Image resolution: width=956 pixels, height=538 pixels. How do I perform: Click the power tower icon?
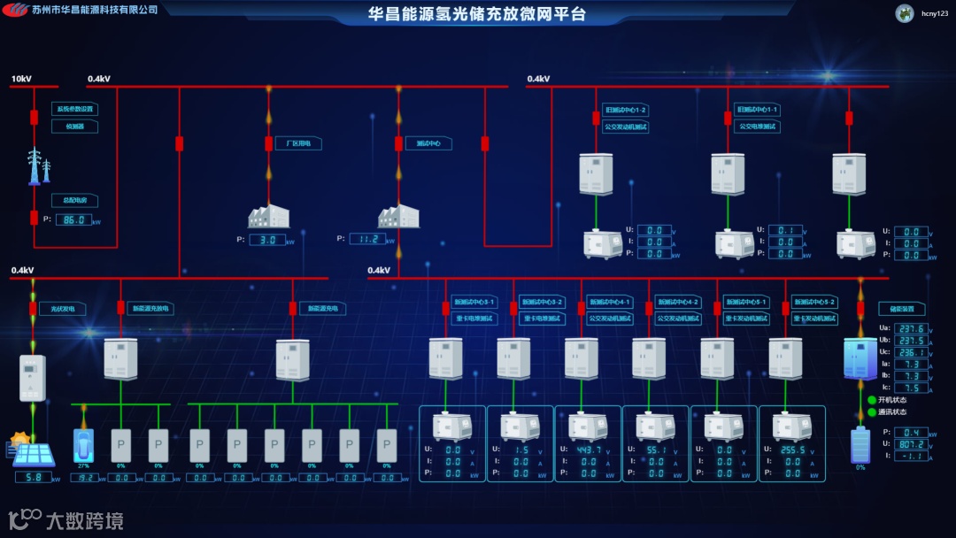pyautogui.click(x=36, y=166)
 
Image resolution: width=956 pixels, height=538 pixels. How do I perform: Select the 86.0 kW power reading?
pyautogui.click(x=74, y=219)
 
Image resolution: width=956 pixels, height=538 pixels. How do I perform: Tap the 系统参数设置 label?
pyautogui.click(x=74, y=110)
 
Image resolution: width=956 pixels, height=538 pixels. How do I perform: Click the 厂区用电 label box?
pyautogui.click(x=297, y=142)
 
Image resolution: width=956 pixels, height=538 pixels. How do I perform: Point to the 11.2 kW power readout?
pyautogui.click(x=367, y=239)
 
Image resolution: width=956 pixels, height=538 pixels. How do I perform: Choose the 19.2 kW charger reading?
pyautogui.click(x=83, y=478)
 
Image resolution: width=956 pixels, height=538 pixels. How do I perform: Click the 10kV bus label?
pyautogui.click(x=21, y=80)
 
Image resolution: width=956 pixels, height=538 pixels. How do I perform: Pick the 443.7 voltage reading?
pyautogui.click(x=590, y=450)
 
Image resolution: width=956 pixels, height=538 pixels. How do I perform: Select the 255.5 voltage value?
pyautogui.click(x=792, y=450)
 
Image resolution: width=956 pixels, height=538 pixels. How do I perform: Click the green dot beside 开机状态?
pyautogui.click(x=871, y=400)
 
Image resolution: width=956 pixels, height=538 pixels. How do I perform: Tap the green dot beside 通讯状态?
pyautogui.click(x=871, y=411)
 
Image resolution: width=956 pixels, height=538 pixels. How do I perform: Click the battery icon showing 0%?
pyautogui.click(x=860, y=446)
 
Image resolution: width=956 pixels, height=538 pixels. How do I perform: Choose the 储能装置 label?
pyautogui.click(x=902, y=309)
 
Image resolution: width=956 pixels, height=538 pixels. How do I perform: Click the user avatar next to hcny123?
pyautogui.click(x=905, y=13)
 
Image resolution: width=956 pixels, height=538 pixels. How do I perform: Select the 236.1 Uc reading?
pyautogui.click(x=911, y=352)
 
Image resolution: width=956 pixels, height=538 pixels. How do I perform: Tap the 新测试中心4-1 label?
pyautogui.click(x=610, y=302)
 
